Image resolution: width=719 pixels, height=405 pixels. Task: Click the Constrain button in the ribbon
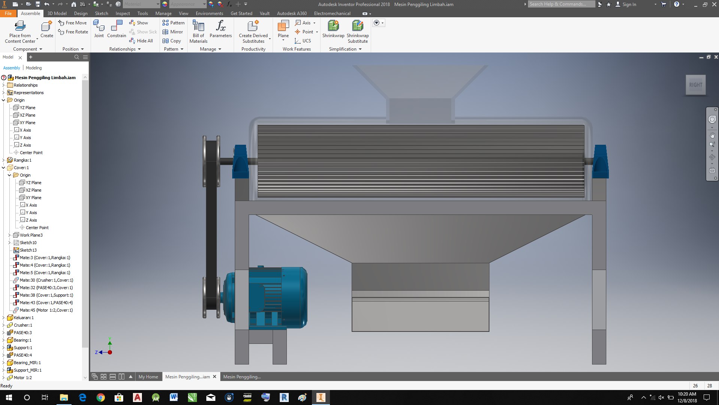coord(116,29)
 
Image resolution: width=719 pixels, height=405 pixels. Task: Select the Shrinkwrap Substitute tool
coord(358,31)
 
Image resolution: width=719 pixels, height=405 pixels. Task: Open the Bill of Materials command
coord(198,31)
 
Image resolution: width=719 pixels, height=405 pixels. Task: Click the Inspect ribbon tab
coord(122,13)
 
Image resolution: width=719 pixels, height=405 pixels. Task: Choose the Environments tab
coord(209,13)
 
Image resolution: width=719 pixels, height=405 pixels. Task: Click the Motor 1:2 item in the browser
coord(23,378)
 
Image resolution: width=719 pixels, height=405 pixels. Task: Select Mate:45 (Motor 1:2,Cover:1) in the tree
coord(46,310)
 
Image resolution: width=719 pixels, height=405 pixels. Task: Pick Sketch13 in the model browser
coord(28,250)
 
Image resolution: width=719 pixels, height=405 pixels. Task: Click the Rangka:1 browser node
coord(22,160)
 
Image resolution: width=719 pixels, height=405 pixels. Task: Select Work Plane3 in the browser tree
coord(31,235)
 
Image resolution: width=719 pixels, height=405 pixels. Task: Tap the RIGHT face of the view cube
coord(695,85)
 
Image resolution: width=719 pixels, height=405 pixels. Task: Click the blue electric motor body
coord(285,296)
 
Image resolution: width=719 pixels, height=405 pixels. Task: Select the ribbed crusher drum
coord(421,161)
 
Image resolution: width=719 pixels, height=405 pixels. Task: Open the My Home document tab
coord(148,377)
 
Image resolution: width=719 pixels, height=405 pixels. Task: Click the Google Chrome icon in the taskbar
coord(101,397)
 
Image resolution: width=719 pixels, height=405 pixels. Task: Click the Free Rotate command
coord(73,32)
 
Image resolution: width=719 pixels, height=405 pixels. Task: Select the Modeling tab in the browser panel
coord(34,68)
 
